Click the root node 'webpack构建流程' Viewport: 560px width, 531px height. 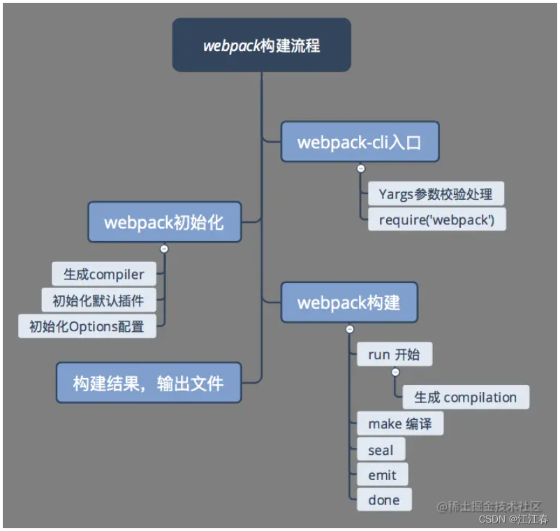click(261, 45)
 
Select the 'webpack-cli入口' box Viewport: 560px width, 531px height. click(360, 143)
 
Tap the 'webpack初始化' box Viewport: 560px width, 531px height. click(164, 223)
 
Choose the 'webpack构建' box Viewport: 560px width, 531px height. click(348, 303)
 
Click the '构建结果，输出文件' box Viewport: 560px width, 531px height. click(148, 383)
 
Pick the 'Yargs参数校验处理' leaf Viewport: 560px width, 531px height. click(436, 194)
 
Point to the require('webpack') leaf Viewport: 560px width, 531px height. click(436, 219)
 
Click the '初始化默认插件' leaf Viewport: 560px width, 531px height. click(98, 300)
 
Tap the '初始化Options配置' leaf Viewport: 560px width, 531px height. click(87, 326)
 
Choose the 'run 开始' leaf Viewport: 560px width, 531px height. click(394, 354)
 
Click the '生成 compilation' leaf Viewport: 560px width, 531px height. click(465, 398)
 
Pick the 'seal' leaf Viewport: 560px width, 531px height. click(381, 450)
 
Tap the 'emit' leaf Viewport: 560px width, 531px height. click(382, 475)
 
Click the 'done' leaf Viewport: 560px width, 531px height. click(384, 500)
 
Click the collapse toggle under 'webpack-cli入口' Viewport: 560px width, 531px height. click(360, 168)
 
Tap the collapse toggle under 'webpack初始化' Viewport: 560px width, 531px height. click(164, 248)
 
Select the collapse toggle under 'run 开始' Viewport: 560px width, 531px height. click(395, 372)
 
